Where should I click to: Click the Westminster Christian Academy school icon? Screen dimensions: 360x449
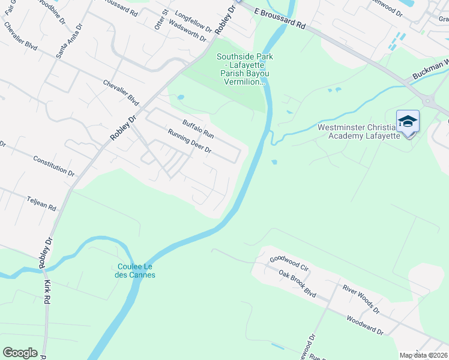click(408, 122)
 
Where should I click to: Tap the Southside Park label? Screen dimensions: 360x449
click(244, 69)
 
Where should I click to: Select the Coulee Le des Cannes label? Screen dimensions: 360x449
click(135, 271)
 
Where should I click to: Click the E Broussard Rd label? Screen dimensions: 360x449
click(279, 19)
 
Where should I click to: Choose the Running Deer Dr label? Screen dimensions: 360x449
click(189, 141)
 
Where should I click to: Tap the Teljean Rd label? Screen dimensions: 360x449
click(41, 203)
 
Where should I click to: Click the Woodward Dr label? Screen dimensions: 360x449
click(364, 324)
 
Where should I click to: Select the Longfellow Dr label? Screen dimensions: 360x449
click(193, 21)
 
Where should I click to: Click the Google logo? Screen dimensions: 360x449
click(20, 353)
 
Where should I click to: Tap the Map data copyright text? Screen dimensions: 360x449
click(423, 355)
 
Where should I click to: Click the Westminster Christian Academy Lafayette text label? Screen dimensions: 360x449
click(358, 131)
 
